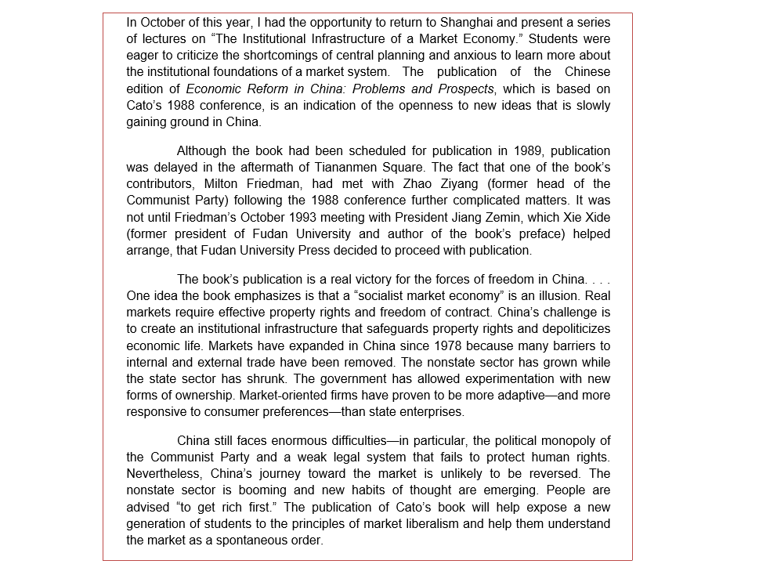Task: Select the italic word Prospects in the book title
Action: click(x=467, y=89)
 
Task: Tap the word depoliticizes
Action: click(x=571, y=329)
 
